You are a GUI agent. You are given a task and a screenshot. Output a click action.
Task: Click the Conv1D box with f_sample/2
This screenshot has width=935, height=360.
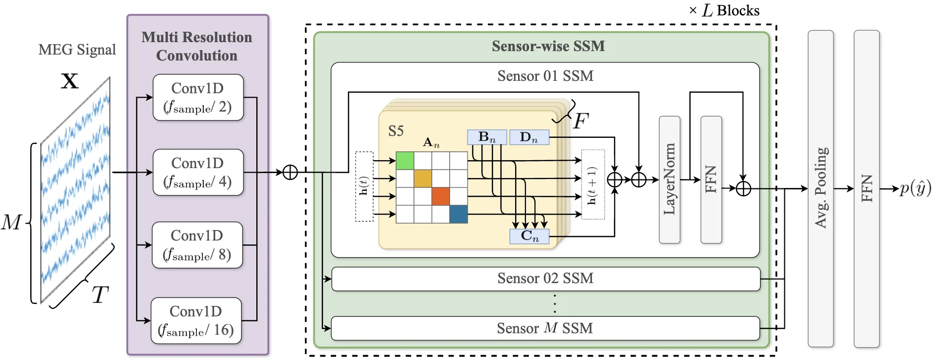tap(198, 98)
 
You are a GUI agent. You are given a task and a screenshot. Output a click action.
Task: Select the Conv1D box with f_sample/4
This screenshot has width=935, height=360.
tap(198, 172)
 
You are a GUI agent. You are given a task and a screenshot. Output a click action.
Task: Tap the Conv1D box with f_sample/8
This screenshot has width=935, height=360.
tap(197, 245)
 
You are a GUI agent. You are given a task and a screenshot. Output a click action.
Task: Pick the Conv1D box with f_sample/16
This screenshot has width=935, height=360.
tap(196, 320)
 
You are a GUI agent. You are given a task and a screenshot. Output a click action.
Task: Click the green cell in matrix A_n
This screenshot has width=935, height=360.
tap(405, 161)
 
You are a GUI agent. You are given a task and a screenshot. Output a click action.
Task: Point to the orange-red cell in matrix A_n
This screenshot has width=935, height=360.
tap(441, 196)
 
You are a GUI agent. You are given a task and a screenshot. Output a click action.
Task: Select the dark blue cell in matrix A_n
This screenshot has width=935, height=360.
tap(459, 214)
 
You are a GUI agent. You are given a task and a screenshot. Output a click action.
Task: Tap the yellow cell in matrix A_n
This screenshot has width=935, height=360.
tap(423, 179)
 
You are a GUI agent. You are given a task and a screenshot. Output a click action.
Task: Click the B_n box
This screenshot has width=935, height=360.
tap(487, 137)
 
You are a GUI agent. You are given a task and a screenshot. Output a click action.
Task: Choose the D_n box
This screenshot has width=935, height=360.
tap(529, 137)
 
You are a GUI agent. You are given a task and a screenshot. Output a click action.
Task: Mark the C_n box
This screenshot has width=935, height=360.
tap(529, 237)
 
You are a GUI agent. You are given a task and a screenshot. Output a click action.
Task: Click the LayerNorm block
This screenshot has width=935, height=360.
tap(669, 180)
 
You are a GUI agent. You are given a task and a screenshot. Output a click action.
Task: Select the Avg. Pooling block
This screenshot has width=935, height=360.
tap(820, 188)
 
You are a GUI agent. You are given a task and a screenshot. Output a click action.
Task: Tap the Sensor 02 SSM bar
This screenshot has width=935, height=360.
tap(545, 279)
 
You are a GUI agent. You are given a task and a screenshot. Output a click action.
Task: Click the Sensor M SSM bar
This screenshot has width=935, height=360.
tap(545, 328)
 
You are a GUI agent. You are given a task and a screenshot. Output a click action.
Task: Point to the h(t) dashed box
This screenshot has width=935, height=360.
tap(364, 186)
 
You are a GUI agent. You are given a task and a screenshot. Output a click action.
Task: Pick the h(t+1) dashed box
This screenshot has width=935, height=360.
tap(593, 184)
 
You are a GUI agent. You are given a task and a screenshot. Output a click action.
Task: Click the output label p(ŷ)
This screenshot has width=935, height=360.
tap(915, 188)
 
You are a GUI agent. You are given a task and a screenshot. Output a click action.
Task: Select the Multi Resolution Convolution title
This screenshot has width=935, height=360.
tap(197, 46)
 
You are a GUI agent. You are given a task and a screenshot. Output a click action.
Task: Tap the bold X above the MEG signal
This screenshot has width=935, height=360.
tap(70, 81)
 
